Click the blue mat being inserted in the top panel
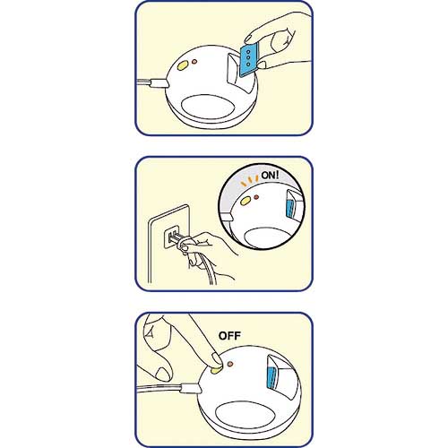tap(249, 61)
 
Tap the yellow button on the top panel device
tap(183, 65)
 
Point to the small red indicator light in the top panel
tap(194, 62)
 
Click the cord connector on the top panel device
tap(159, 83)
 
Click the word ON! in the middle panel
tap(270, 176)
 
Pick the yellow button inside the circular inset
tap(246, 201)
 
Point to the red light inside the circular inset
tap(256, 197)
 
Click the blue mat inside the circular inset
tap(289, 209)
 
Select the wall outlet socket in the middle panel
tap(172, 237)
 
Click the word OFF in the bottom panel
tap(229, 336)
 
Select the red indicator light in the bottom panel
tap(230, 364)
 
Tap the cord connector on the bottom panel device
tap(190, 388)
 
